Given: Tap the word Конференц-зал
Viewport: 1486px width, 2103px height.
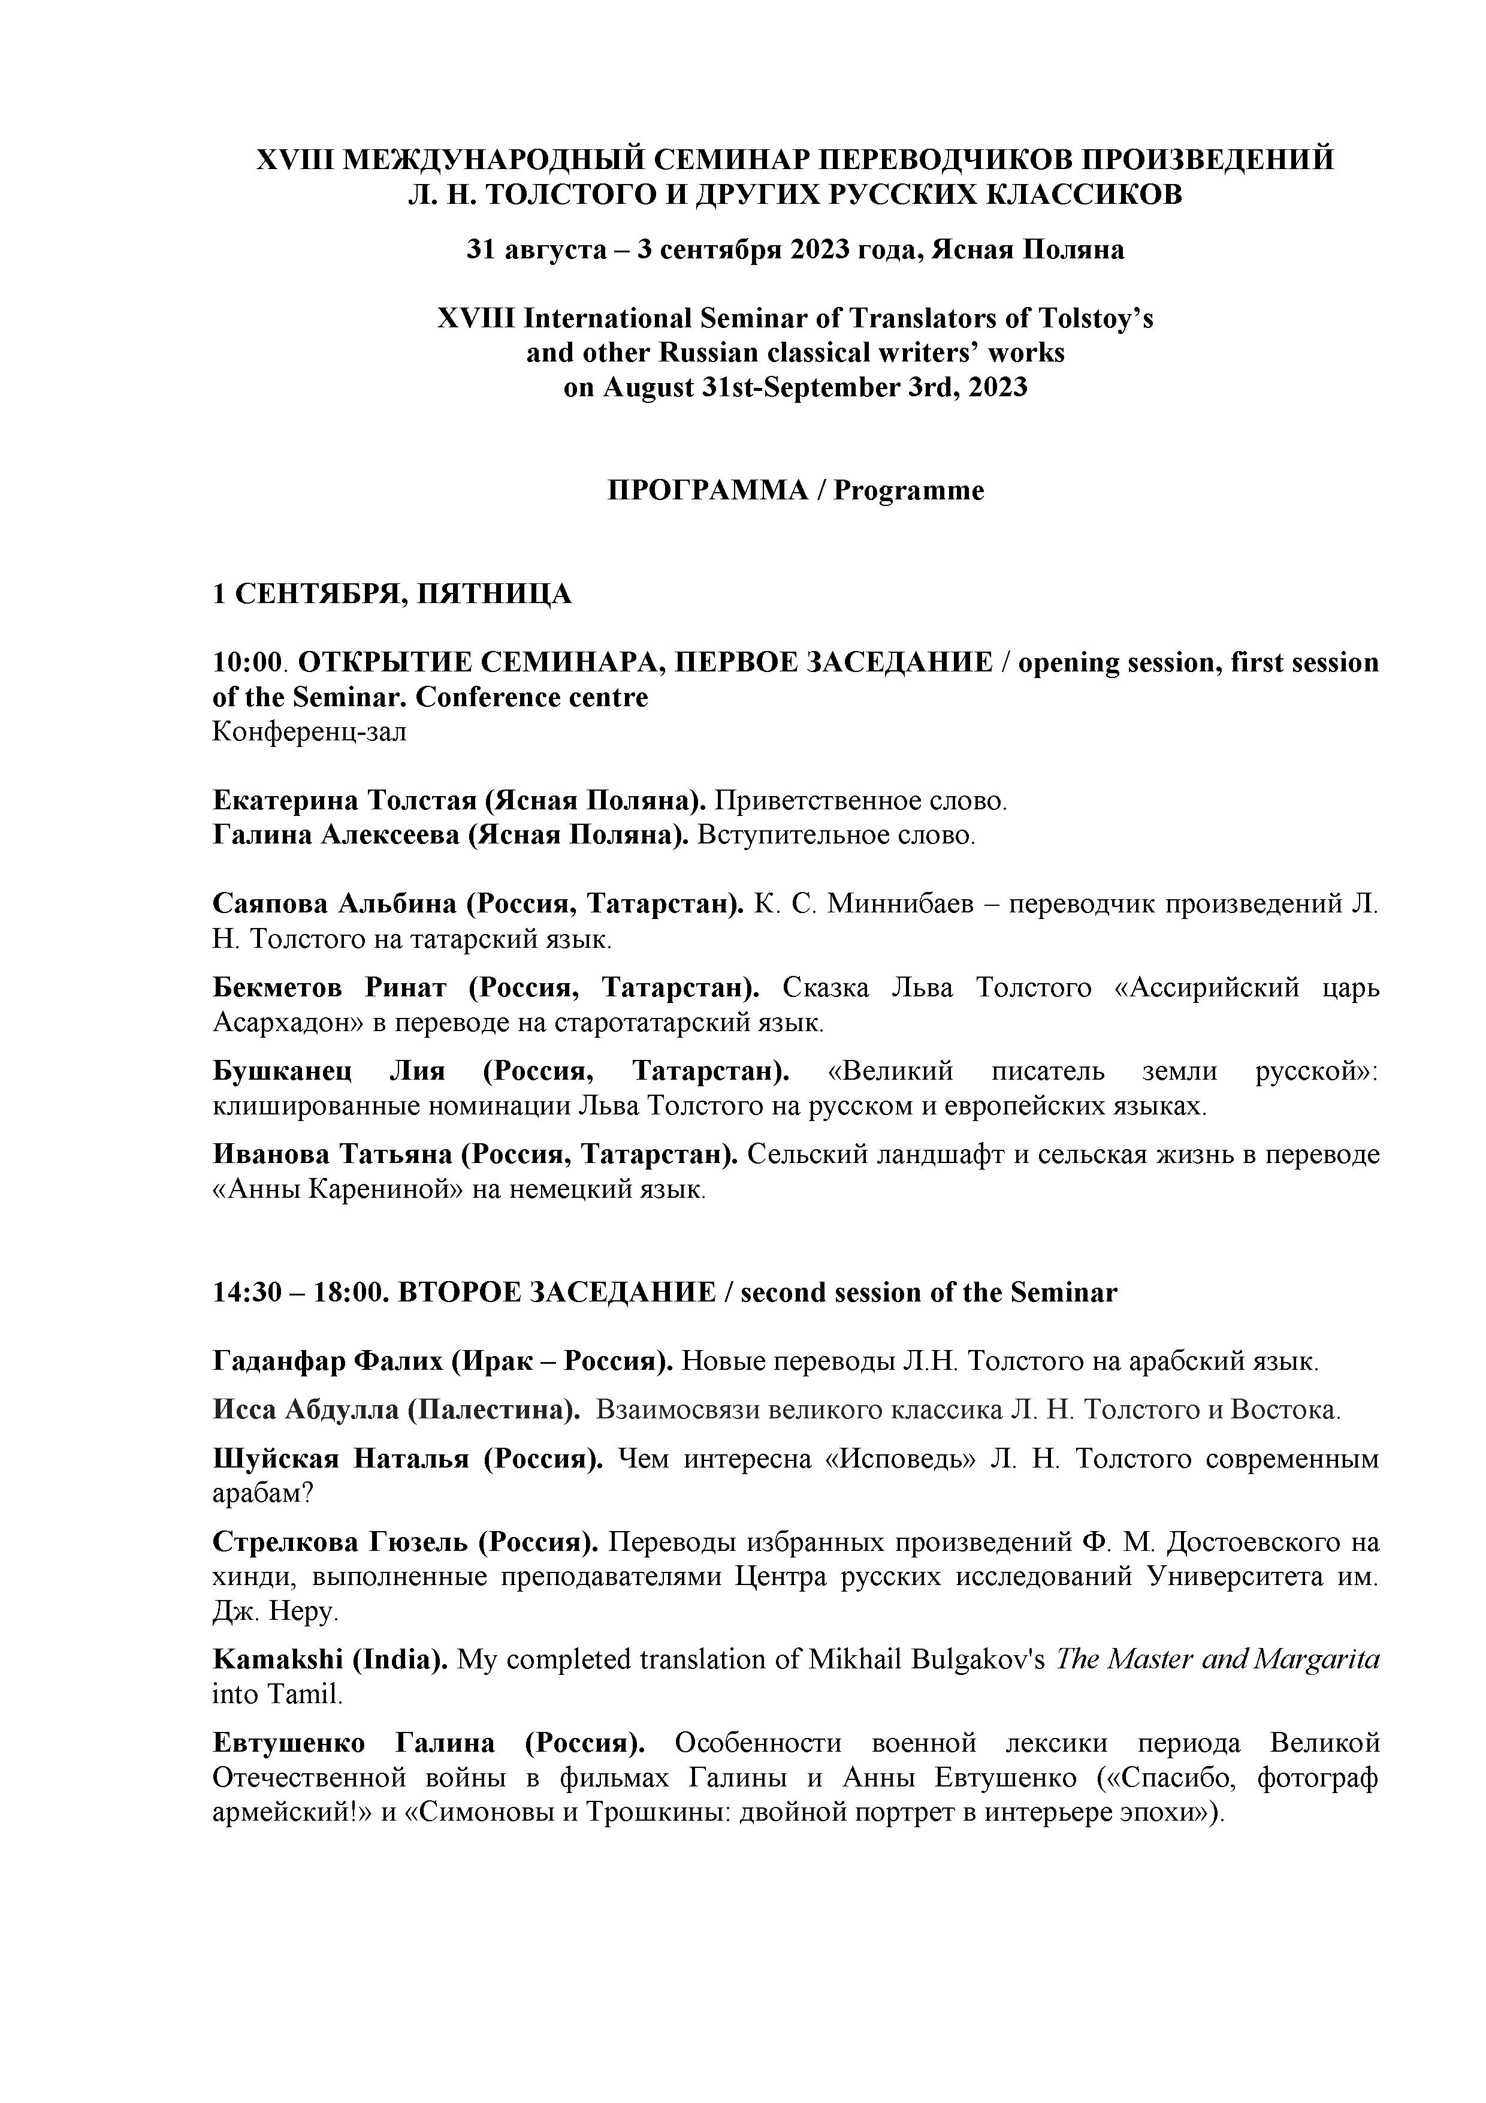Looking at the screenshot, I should [x=309, y=732].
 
